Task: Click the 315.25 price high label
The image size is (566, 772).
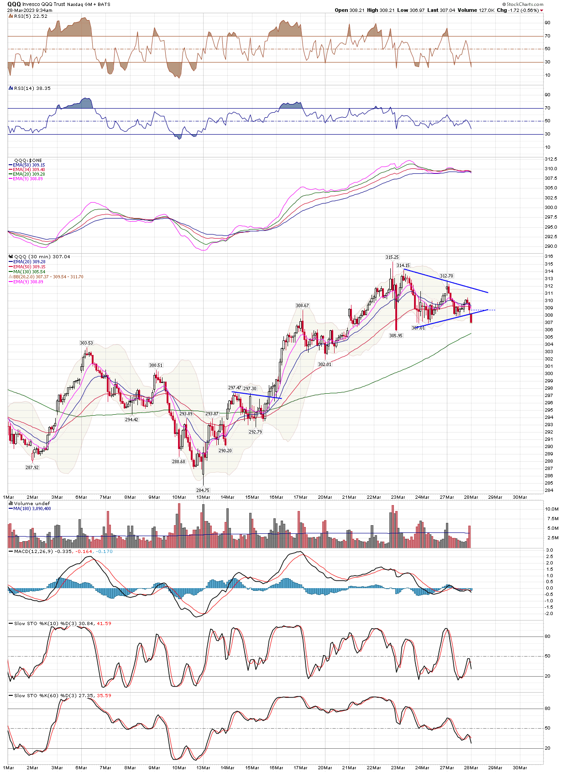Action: click(x=392, y=257)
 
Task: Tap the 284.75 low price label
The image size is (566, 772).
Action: click(x=203, y=490)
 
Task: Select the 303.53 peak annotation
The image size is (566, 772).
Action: click(x=86, y=343)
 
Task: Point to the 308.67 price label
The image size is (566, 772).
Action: click(x=302, y=306)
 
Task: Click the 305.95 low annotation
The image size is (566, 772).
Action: click(x=396, y=335)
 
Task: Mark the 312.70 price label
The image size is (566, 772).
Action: click(x=446, y=276)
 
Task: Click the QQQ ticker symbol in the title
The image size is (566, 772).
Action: click(x=14, y=4)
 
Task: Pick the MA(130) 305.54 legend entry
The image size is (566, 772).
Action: click(x=29, y=272)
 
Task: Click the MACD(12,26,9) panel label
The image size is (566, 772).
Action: click(x=35, y=552)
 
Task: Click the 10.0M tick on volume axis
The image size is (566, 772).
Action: click(x=551, y=509)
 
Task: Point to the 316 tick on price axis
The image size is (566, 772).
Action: click(x=549, y=257)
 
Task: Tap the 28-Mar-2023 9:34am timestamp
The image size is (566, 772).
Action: click(x=30, y=10)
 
